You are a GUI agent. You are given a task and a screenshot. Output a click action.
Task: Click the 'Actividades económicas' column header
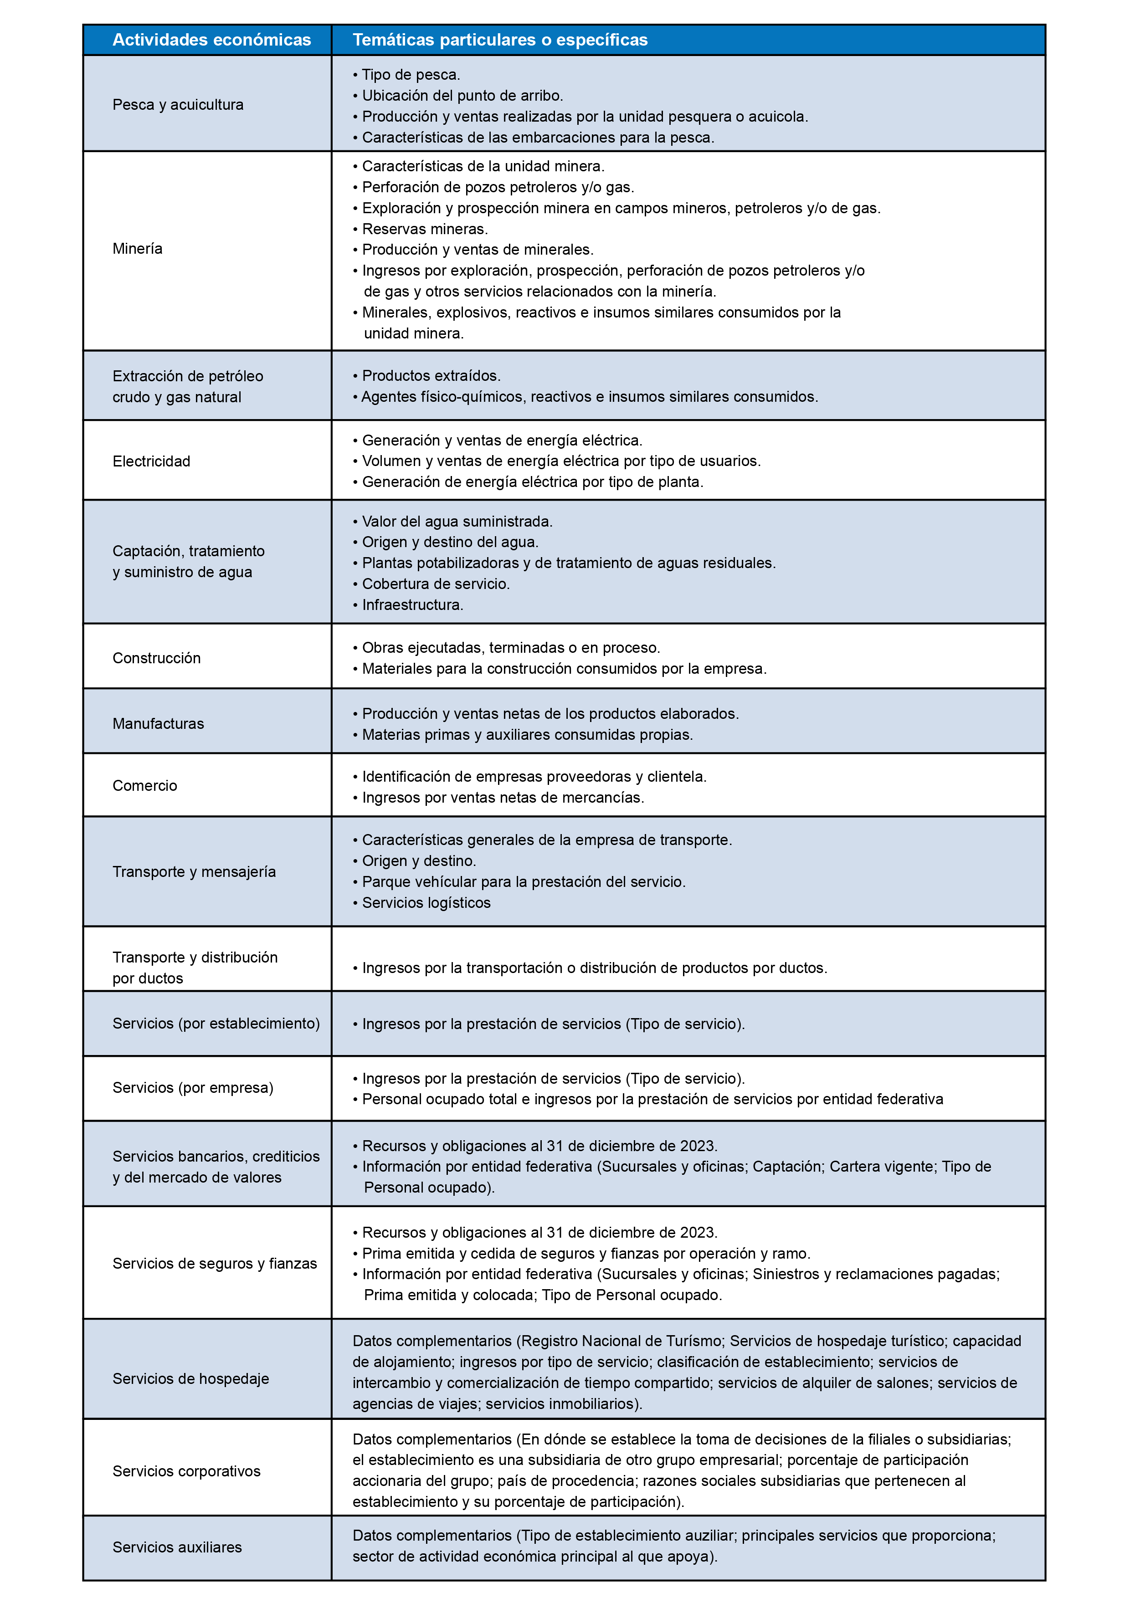pyautogui.click(x=212, y=40)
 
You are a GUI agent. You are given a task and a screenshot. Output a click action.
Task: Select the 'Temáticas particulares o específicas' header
pyautogui.click(x=499, y=40)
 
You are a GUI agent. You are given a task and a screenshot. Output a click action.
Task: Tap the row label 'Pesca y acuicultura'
pyautogui.click(x=178, y=104)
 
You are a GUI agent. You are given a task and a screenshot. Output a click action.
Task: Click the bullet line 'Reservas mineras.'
pyautogui.click(x=425, y=229)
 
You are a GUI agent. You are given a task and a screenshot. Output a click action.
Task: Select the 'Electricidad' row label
pyautogui.click(x=151, y=461)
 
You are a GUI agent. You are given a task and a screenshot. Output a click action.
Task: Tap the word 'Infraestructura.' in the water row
pyautogui.click(x=412, y=605)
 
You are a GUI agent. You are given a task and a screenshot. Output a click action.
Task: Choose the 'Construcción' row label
pyautogui.click(x=157, y=658)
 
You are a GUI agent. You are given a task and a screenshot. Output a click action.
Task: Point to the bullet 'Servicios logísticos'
pyautogui.click(x=426, y=903)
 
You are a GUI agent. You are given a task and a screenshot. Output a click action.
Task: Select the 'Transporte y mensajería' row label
pyautogui.click(x=194, y=871)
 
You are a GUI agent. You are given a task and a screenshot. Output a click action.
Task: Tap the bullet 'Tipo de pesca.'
pyautogui.click(x=411, y=74)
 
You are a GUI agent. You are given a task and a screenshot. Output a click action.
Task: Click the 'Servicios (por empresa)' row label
pyautogui.click(x=193, y=1087)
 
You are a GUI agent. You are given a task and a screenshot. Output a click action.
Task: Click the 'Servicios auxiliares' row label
pyautogui.click(x=178, y=1547)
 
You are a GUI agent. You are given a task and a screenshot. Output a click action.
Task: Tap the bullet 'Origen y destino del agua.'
pyautogui.click(x=450, y=542)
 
